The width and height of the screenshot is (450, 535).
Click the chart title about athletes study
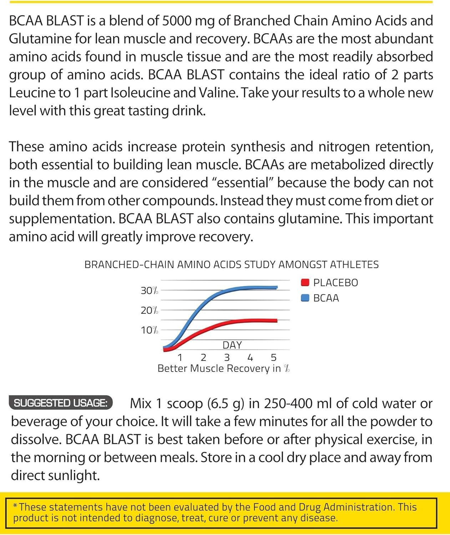(x=231, y=265)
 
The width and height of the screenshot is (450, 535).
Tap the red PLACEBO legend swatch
(x=305, y=282)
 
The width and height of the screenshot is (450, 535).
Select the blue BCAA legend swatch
(x=305, y=298)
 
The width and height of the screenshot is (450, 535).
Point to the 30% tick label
(x=149, y=291)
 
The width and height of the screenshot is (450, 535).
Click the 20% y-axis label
(x=149, y=310)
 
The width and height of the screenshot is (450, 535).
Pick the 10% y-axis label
(x=149, y=330)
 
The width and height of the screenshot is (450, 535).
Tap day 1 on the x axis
(x=180, y=357)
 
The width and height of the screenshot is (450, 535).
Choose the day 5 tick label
(x=274, y=357)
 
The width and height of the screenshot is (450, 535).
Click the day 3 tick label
(x=227, y=357)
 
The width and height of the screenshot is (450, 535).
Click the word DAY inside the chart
(x=232, y=345)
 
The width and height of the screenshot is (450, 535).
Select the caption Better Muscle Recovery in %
(x=223, y=368)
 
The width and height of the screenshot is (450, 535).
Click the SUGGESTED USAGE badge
(x=60, y=403)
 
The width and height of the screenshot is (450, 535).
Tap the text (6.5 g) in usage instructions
(x=226, y=403)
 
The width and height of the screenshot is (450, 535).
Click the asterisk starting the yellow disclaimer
(x=15, y=506)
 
